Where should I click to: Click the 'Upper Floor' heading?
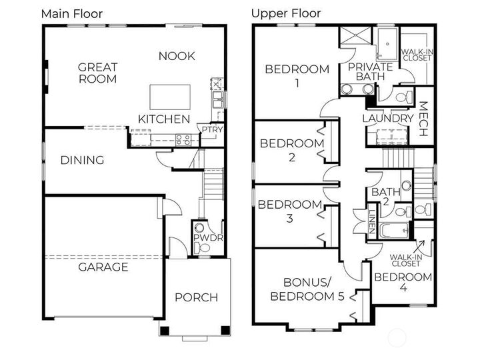(x=286, y=13)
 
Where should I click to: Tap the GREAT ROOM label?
(x=97, y=73)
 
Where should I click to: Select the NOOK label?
(x=177, y=56)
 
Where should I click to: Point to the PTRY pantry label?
(x=212, y=130)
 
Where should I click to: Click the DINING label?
(x=82, y=160)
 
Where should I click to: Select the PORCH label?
(x=196, y=297)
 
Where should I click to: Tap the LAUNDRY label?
(x=388, y=118)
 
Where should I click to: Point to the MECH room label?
(x=423, y=119)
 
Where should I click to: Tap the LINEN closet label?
(x=372, y=217)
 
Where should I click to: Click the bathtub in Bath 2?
(x=394, y=232)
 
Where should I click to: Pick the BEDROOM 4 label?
(x=402, y=283)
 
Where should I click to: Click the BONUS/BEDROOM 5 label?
(x=307, y=289)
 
